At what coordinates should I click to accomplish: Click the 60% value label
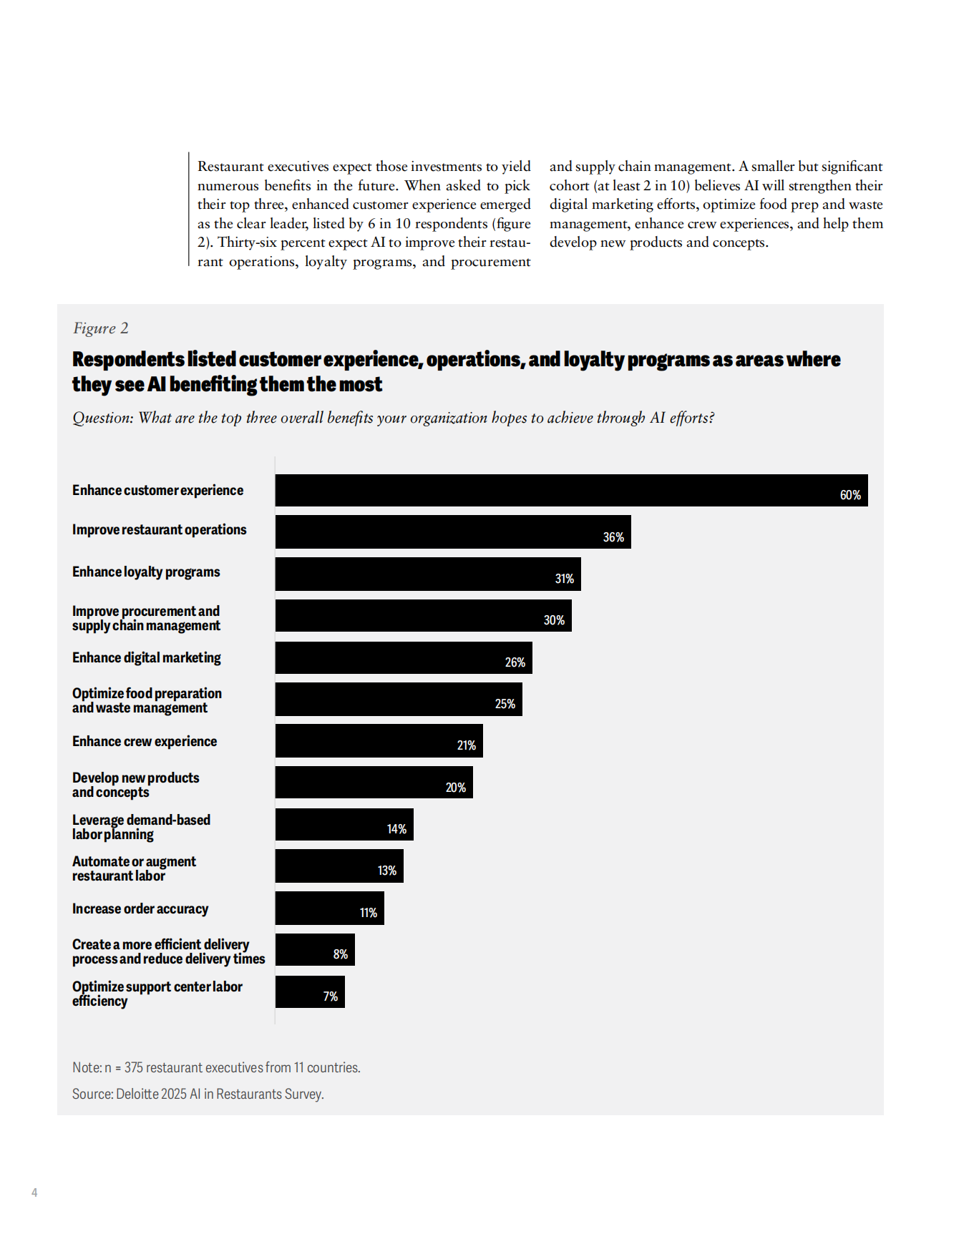(x=849, y=495)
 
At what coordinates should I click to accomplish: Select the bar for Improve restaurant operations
(x=452, y=532)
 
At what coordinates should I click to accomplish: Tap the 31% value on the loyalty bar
(x=564, y=579)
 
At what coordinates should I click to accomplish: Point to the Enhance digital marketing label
(x=147, y=657)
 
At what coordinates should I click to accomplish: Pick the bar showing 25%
(x=398, y=700)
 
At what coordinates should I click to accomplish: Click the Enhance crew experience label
(x=145, y=741)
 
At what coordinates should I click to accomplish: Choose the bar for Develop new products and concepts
(x=374, y=783)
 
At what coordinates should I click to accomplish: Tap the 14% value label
(x=396, y=829)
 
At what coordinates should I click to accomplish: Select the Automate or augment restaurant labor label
(x=134, y=868)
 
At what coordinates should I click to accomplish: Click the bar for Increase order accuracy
(x=329, y=908)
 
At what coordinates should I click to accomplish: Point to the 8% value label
(x=340, y=954)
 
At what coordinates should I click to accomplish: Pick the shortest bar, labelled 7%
(x=309, y=992)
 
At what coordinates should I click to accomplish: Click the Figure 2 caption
(x=101, y=328)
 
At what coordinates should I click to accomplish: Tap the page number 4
(x=34, y=1192)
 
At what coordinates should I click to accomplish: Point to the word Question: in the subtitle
(x=103, y=418)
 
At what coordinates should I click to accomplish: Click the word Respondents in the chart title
(x=128, y=359)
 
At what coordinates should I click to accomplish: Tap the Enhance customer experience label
(x=157, y=490)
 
